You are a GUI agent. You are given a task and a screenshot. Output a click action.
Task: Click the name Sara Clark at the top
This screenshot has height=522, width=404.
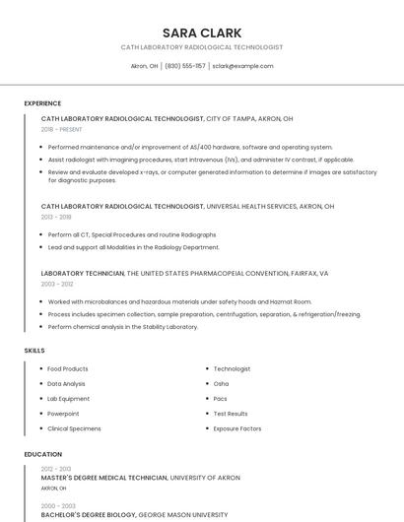click(201, 33)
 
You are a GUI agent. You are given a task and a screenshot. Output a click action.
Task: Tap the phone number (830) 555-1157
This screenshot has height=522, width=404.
click(185, 66)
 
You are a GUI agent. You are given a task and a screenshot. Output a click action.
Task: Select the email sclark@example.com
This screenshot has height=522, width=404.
click(242, 66)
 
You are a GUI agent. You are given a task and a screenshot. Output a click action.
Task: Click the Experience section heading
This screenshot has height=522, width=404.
click(42, 103)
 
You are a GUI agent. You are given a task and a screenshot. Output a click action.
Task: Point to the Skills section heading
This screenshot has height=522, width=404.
click(34, 350)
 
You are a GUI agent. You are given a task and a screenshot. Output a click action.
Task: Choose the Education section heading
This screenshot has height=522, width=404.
click(42, 454)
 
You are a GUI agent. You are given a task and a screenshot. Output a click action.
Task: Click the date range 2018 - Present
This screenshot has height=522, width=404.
click(62, 129)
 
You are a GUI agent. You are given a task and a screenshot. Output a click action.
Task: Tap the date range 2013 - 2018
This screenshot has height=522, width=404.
click(56, 217)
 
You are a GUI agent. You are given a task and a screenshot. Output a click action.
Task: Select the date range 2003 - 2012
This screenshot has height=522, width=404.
click(57, 283)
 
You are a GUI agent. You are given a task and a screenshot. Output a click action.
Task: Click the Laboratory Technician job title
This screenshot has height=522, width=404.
click(83, 273)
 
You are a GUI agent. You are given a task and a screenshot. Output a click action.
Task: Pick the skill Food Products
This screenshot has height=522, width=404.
click(68, 368)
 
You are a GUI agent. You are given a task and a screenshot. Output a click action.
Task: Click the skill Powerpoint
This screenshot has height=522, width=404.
click(63, 414)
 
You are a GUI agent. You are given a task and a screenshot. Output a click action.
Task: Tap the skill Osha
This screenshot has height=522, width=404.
click(221, 383)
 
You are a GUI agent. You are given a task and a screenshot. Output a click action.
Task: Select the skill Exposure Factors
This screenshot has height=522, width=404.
click(237, 428)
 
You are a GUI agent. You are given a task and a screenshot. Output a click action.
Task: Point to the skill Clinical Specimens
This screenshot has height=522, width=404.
click(74, 428)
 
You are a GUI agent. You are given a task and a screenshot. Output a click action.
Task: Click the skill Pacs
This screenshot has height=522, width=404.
click(221, 399)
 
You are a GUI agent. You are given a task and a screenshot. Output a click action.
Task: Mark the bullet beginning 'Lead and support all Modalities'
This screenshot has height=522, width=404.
click(133, 247)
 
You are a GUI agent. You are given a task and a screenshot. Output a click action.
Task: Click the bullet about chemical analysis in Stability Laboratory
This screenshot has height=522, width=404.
click(122, 326)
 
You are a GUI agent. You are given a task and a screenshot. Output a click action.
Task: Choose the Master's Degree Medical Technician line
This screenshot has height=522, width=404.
click(140, 478)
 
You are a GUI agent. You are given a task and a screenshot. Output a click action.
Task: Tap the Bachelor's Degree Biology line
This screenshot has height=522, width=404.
click(134, 514)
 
